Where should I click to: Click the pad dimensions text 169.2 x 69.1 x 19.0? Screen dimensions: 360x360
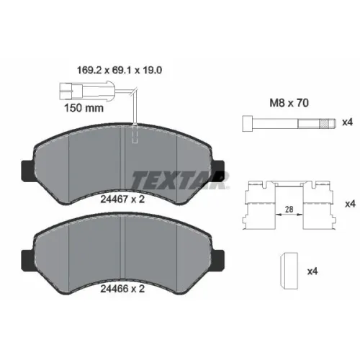point(120,71)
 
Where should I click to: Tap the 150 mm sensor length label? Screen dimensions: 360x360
point(84,108)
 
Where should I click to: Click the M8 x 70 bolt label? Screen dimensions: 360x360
point(289,103)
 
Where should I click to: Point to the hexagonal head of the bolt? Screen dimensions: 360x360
point(248,123)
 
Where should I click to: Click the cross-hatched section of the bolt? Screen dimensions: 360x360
point(324,123)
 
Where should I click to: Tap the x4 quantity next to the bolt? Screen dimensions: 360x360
point(347,122)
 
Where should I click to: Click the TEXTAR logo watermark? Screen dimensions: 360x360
point(179,179)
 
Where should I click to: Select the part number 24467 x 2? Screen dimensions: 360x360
point(122,199)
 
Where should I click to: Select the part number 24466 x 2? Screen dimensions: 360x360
point(122,289)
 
